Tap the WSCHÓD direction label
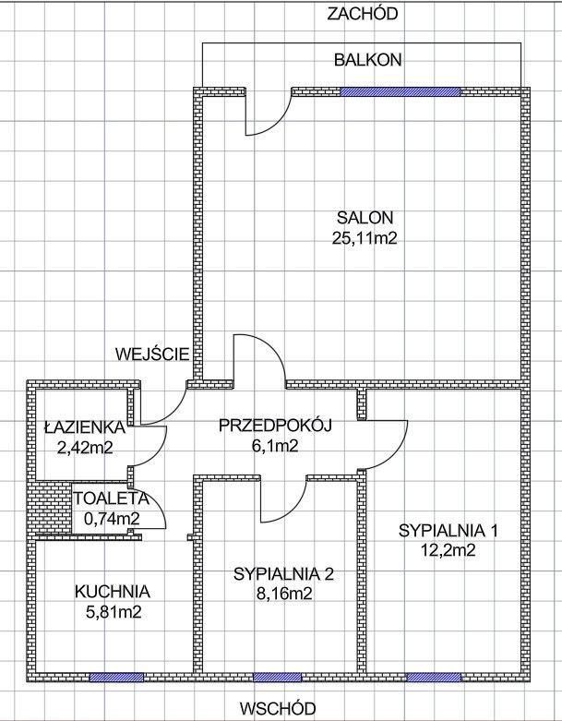click(277, 709)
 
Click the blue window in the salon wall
click(400, 91)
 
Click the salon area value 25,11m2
click(365, 238)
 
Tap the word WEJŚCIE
click(153, 354)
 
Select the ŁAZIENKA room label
click(84, 427)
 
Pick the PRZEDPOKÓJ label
click(275, 426)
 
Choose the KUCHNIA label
click(114, 592)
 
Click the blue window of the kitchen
click(116, 677)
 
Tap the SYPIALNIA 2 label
click(283, 574)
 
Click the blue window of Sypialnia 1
click(434, 677)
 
